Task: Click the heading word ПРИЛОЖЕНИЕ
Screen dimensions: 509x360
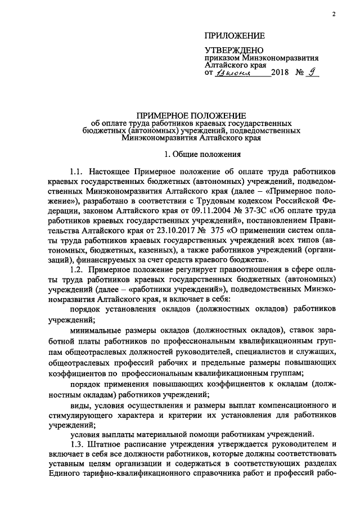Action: (234, 36)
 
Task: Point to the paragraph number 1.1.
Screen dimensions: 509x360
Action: (77, 170)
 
